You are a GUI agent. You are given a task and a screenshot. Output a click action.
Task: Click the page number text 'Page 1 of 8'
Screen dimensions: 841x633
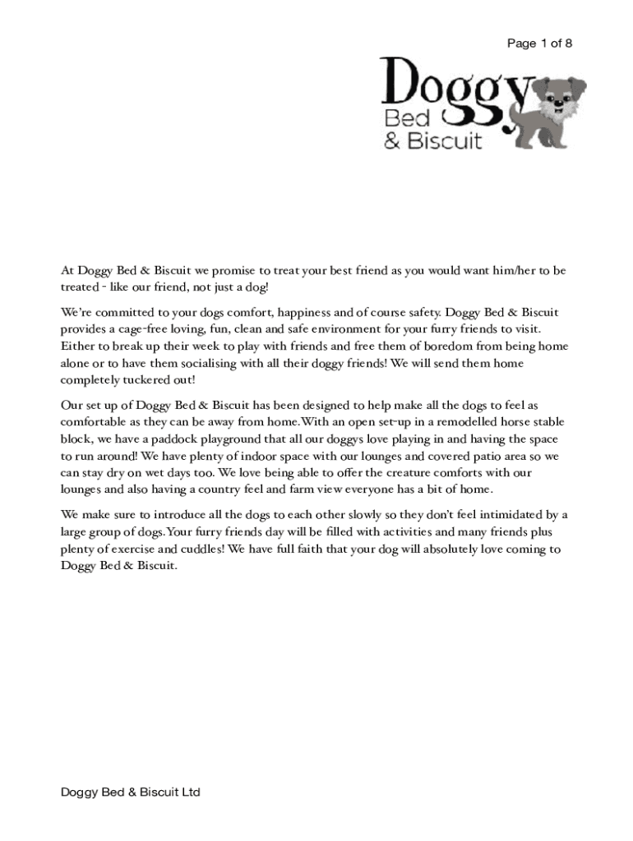point(539,44)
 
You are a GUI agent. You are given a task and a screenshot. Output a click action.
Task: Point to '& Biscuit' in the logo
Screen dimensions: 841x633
point(433,141)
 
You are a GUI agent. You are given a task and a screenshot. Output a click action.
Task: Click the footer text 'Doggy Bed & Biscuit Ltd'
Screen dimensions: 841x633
point(132,793)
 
